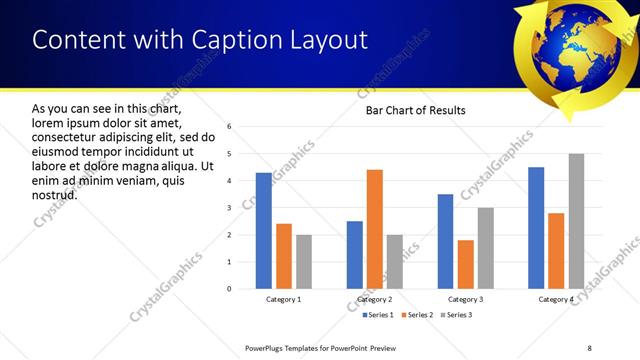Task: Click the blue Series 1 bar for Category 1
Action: (263, 231)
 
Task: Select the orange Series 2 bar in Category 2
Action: (375, 229)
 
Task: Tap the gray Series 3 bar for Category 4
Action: (576, 221)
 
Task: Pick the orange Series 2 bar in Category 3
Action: (466, 264)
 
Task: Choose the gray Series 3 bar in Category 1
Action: (304, 262)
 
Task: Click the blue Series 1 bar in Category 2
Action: (355, 255)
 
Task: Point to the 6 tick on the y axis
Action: (229, 127)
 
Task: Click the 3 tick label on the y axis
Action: (229, 208)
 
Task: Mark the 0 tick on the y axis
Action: (229, 289)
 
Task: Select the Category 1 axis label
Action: (284, 300)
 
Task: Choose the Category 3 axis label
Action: (466, 300)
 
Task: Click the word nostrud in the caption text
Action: (54, 194)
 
